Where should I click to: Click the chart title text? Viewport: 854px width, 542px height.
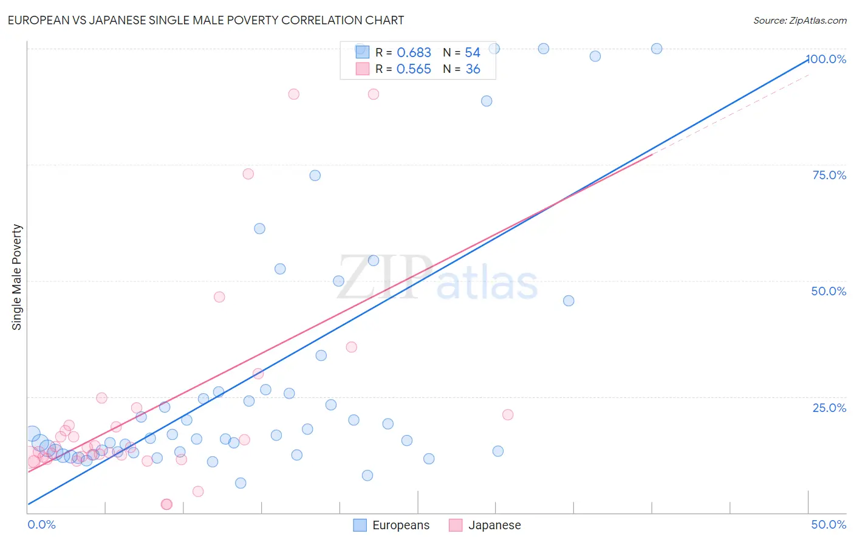[205, 20]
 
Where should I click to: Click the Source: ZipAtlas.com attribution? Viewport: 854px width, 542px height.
[799, 20]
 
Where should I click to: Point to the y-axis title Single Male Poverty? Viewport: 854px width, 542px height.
[17, 277]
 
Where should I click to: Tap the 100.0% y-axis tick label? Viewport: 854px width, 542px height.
[827, 59]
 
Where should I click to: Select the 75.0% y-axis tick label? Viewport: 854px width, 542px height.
[829, 175]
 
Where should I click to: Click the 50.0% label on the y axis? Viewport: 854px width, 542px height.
[828, 291]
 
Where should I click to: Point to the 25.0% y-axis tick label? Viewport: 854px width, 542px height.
[829, 408]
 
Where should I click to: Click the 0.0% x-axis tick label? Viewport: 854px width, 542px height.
[41, 524]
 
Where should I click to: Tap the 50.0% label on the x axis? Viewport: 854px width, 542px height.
[828, 524]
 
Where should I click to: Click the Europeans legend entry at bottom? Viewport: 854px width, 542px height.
[392, 525]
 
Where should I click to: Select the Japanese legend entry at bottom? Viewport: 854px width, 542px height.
[485, 525]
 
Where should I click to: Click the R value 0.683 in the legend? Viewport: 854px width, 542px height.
[414, 53]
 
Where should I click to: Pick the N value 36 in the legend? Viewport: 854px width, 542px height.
[473, 69]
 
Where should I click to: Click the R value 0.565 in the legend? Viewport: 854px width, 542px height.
[414, 69]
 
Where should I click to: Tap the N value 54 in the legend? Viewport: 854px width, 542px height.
[473, 53]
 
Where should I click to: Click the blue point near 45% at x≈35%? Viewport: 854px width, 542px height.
[569, 301]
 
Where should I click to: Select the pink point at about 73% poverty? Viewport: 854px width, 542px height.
[248, 174]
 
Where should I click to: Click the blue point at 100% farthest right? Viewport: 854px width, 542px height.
[657, 49]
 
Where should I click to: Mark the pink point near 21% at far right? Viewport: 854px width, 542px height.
[508, 414]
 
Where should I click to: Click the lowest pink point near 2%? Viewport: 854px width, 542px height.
[166, 504]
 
